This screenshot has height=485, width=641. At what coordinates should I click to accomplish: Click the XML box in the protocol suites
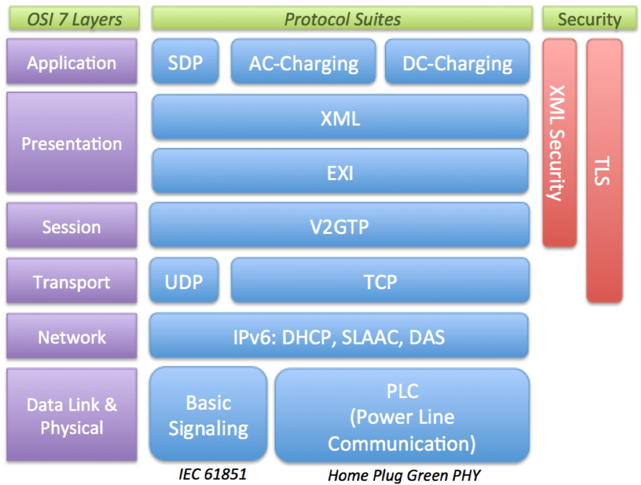point(340,117)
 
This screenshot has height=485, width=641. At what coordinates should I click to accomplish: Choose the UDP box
point(184,281)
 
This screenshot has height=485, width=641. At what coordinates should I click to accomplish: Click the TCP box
point(380,281)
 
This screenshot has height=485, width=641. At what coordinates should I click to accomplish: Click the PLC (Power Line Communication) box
point(402,416)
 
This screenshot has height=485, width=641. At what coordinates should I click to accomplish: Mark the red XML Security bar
point(559,142)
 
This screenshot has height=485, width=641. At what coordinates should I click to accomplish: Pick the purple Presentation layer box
point(72,143)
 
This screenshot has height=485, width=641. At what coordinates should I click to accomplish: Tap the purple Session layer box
point(72,226)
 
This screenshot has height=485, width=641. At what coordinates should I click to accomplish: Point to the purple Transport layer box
point(72,281)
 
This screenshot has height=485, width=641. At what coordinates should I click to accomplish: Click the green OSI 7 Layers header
point(74,19)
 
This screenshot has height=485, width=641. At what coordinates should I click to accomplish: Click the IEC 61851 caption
point(209,474)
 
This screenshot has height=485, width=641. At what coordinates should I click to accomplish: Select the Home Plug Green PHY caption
point(404,475)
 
